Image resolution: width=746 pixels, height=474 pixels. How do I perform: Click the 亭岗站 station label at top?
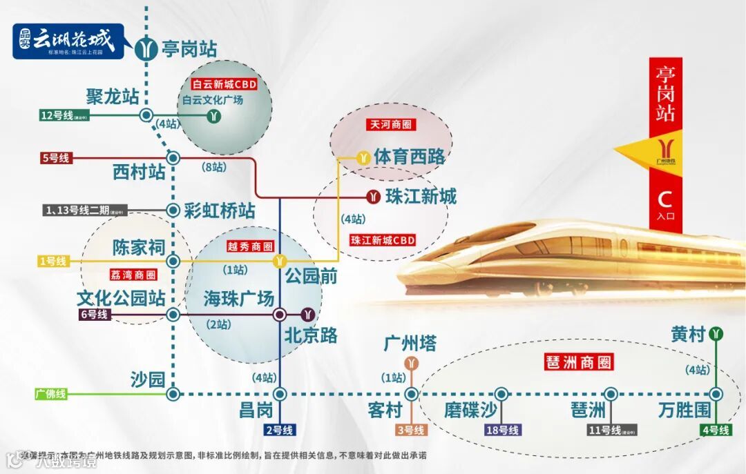pos(189,49)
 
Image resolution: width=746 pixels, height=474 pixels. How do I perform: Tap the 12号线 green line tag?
pos(57,115)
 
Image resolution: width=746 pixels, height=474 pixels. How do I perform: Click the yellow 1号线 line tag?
pos(52,261)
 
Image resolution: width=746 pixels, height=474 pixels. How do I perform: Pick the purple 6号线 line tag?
pos(94,315)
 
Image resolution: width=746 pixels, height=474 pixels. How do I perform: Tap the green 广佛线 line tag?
pos(51,395)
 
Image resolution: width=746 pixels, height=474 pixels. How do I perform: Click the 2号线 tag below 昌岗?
pos(279,431)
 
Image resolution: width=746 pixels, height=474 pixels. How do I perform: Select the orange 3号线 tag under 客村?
pos(411,431)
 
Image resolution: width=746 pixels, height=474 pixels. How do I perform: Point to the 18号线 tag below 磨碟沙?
pos(502,431)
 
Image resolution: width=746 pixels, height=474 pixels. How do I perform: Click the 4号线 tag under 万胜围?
pos(715,431)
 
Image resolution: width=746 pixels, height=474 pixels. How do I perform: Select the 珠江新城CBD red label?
pos(383,240)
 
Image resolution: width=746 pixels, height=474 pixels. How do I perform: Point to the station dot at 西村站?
pos(173,158)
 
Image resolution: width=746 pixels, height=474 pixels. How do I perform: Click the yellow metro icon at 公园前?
pos(280,261)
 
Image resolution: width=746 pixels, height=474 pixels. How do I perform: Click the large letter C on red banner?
pos(664,199)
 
